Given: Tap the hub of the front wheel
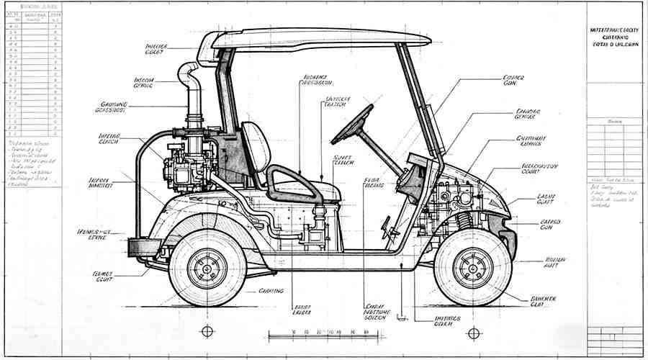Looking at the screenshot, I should tap(473, 266).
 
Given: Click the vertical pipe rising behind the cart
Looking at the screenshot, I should tap(193, 94).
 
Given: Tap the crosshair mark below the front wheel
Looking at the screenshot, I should tap(473, 333).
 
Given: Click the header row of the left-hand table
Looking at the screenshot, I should tap(32, 17).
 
